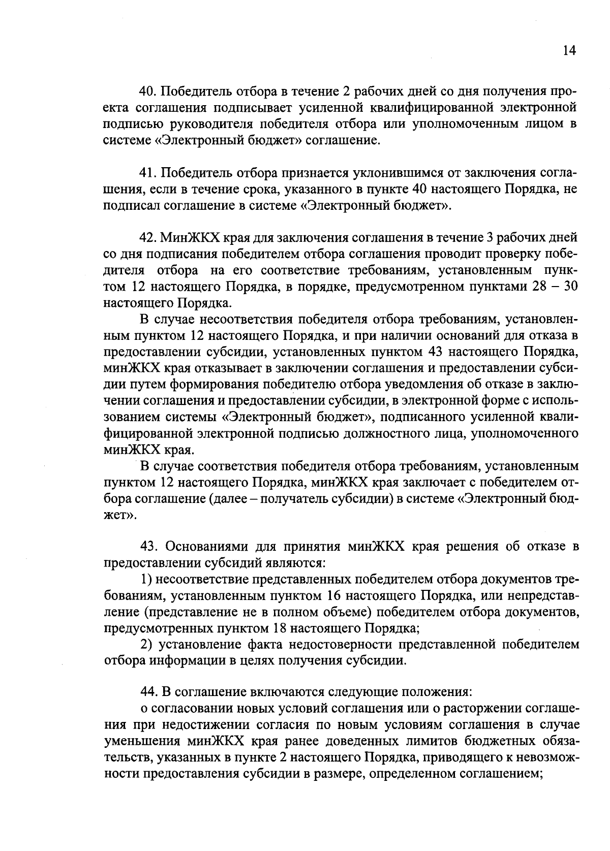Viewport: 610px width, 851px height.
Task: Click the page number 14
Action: [569, 51]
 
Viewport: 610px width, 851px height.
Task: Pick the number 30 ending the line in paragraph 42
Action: [571, 287]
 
